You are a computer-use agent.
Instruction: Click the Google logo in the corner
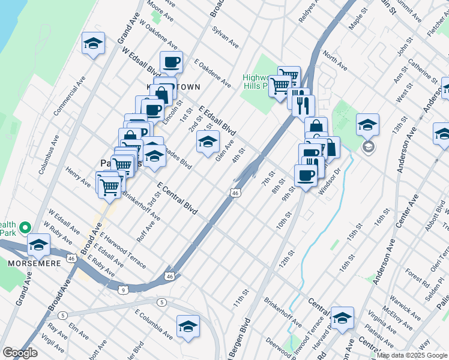click(20, 353)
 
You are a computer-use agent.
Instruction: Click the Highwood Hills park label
click(262, 82)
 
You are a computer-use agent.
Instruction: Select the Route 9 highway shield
click(123, 290)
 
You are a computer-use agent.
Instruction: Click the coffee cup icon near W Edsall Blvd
click(172, 61)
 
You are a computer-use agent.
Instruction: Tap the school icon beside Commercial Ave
click(94, 43)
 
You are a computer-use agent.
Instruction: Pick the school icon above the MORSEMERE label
click(38, 245)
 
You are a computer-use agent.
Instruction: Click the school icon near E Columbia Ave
click(188, 326)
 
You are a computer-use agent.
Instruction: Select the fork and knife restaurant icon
click(304, 106)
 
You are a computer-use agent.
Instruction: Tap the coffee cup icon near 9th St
click(306, 175)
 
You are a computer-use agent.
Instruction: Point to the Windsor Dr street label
click(330, 181)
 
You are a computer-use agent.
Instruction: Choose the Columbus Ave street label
click(49, 158)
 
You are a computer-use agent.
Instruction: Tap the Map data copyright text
click(410, 355)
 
